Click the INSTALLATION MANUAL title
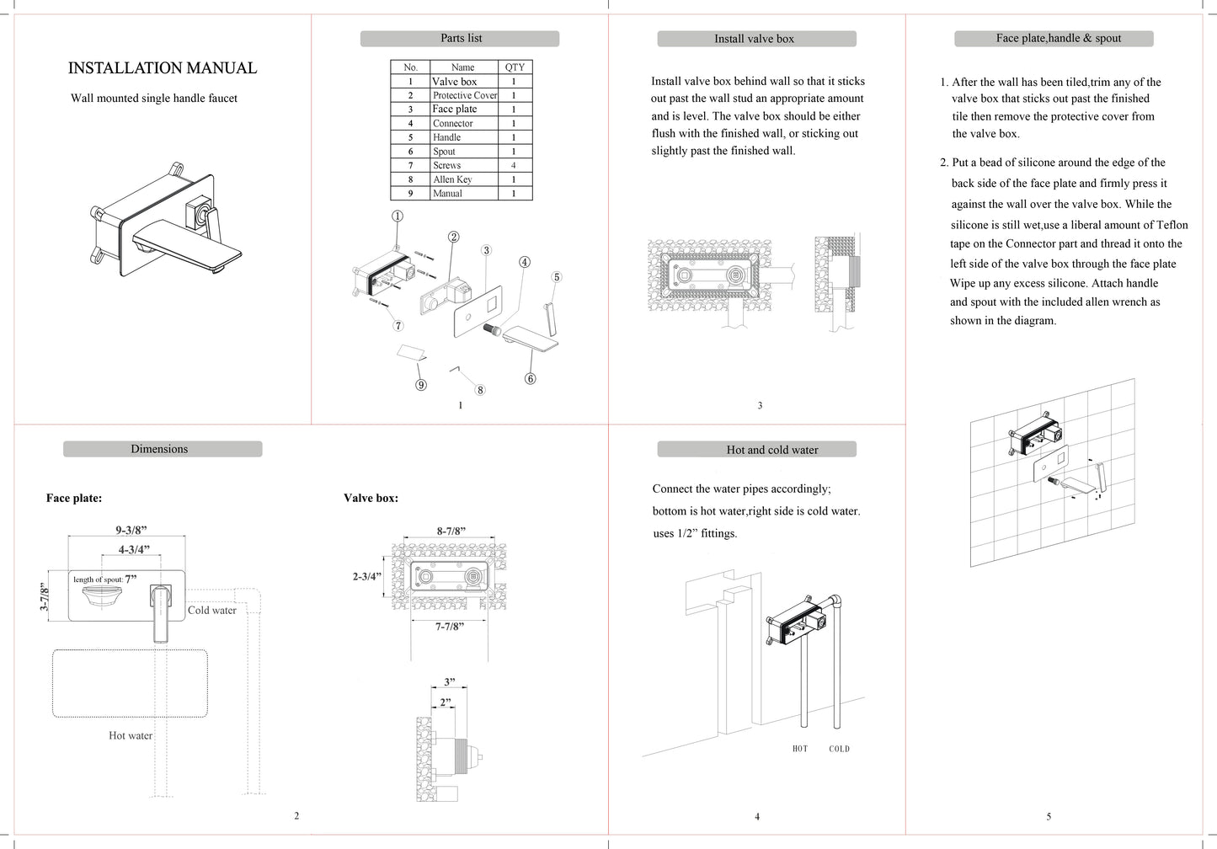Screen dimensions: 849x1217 point(162,68)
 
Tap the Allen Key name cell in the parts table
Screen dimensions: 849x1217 point(452,179)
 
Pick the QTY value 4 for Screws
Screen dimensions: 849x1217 point(513,165)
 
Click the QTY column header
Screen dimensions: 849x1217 point(515,67)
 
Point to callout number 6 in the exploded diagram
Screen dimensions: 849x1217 point(530,379)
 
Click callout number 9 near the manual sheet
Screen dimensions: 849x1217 point(420,385)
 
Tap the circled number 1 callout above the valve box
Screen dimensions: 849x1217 point(398,216)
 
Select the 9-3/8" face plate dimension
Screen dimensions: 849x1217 point(131,530)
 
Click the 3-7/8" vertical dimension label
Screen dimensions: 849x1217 point(45,596)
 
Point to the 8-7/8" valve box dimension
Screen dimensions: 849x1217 point(451,531)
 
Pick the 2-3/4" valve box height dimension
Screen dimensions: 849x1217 point(367,577)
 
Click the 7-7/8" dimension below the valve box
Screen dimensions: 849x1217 point(449,627)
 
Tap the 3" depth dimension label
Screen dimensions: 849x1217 point(450,682)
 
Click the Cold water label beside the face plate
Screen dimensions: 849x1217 point(211,611)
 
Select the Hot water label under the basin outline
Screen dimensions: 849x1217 point(131,735)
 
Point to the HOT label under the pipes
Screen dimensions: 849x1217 point(800,749)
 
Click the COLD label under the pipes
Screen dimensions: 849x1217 point(839,749)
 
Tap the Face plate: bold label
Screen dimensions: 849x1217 point(74,498)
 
